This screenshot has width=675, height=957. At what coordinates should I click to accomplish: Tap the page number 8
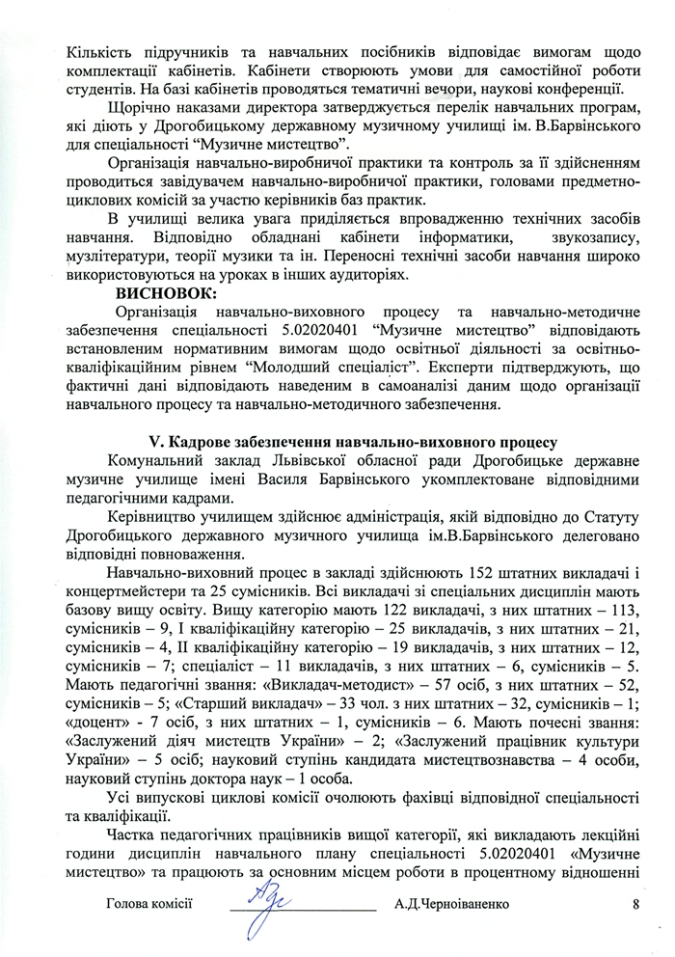635,904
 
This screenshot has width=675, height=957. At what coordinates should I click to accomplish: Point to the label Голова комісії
151,904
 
